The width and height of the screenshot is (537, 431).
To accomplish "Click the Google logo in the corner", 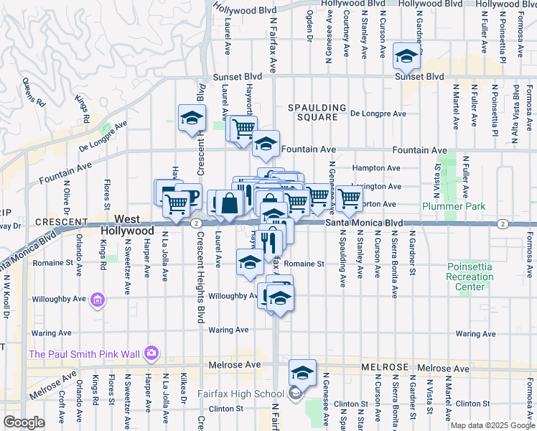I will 24,422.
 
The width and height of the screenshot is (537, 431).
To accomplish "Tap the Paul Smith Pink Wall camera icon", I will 151,353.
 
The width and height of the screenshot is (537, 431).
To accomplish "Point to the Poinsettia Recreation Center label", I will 470,277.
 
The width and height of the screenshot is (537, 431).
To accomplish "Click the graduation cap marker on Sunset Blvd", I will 406,55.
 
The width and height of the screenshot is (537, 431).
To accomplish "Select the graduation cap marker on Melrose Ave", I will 302,372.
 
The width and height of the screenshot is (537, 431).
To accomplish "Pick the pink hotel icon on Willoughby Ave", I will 98,299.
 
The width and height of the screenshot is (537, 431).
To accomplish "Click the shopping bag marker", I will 230,203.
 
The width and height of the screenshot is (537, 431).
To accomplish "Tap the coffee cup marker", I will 188,194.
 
